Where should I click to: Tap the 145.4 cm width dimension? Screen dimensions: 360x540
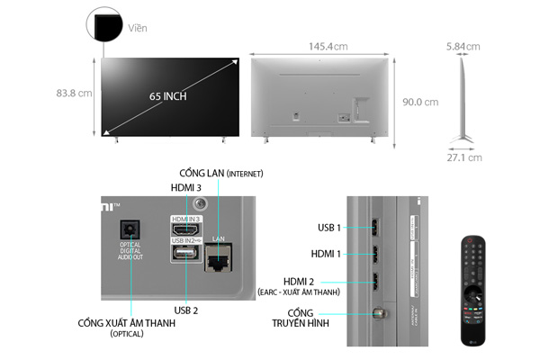(328, 47)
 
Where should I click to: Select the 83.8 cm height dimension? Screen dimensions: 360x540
(73, 94)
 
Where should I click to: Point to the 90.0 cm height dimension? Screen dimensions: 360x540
(419, 102)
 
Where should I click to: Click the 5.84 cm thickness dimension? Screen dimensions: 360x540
(463, 47)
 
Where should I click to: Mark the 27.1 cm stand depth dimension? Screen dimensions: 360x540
(463, 157)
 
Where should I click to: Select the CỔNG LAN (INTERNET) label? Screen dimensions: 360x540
(220, 172)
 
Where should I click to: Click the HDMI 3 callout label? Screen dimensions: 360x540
(186, 187)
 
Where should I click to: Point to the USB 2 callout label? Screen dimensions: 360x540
(186, 310)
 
